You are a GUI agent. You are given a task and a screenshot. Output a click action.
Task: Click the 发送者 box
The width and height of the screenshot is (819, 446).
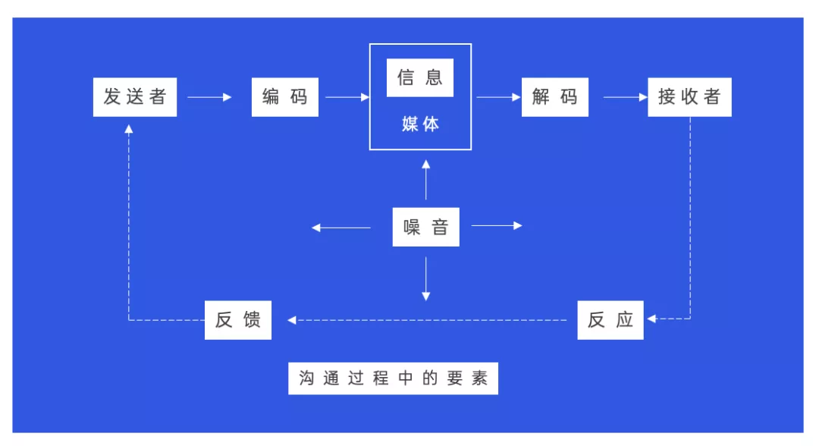(135, 97)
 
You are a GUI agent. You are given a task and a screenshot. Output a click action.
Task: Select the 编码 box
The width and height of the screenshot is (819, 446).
(284, 97)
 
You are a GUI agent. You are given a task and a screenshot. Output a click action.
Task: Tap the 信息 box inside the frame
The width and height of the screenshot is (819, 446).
(420, 78)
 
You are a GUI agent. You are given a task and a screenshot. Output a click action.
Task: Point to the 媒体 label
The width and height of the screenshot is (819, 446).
(420, 124)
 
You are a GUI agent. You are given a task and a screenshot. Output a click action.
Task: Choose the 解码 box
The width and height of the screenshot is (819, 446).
(554, 97)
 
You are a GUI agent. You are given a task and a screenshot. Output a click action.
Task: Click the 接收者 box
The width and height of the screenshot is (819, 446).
(689, 97)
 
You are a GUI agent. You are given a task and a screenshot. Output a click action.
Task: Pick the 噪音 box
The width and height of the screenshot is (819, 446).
(425, 228)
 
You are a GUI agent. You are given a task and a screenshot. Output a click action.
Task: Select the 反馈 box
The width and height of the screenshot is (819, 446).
(237, 320)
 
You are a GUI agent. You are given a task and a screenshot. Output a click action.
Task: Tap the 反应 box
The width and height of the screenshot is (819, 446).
(610, 320)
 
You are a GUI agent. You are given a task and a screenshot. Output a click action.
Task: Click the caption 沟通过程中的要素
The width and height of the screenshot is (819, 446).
(393, 378)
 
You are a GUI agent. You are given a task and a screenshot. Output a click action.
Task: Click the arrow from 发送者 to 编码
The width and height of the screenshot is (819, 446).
(209, 97)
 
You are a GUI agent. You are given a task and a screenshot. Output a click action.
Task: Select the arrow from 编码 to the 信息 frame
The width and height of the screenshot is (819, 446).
(347, 97)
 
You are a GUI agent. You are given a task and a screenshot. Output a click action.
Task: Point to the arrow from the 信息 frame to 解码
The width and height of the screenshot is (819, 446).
(499, 97)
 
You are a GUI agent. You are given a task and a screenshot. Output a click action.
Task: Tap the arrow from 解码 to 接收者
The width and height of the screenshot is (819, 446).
(625, 97)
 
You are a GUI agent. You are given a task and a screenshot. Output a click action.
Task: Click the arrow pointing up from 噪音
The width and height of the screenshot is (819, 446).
(425, 181)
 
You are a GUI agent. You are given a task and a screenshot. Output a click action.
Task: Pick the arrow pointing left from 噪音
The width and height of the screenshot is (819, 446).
(341, 228)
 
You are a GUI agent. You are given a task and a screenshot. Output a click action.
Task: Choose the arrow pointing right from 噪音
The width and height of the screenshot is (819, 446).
(497, 225)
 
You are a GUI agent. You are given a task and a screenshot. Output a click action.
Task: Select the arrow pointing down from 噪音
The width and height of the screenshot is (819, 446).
(425, 279)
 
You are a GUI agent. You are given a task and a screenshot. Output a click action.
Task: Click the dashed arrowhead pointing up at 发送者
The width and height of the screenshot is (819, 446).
(128, 129)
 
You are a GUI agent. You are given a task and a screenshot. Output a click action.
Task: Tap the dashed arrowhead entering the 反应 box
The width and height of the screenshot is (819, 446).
(651, 319)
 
